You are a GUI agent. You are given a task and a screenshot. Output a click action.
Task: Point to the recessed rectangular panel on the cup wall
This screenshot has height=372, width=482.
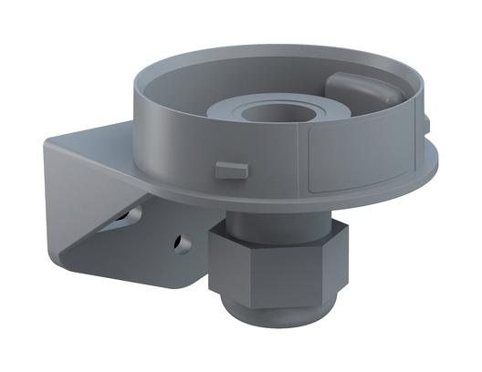pos(361,157)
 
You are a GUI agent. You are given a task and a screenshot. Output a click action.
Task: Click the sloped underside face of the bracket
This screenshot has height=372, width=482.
pos(137,246)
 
